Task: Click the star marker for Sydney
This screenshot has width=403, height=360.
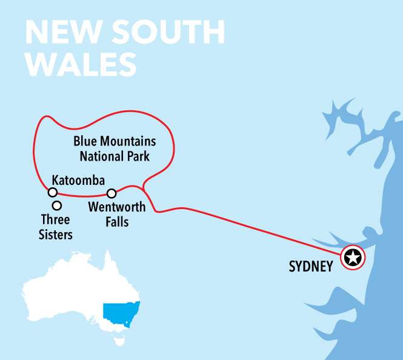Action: pyautogui.click(x=353, y=258)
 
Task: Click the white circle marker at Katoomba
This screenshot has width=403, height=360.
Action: pyautogui.click(x=53, y=193)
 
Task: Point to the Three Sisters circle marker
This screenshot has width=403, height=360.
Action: pyautogui.click(x=57, y=205)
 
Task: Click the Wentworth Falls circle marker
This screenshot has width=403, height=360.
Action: pyautogui.click(x=112, y=194)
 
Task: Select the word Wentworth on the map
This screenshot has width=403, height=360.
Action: pyautogui.click(x=117, y=208)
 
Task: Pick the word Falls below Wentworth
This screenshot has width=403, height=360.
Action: pyautogui.click(x=117, y=222)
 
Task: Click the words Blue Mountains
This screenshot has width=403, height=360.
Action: pyautogui.click(x=115, y=142)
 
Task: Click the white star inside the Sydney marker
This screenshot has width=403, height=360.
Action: pyautogui.click(x=353, y=258)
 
